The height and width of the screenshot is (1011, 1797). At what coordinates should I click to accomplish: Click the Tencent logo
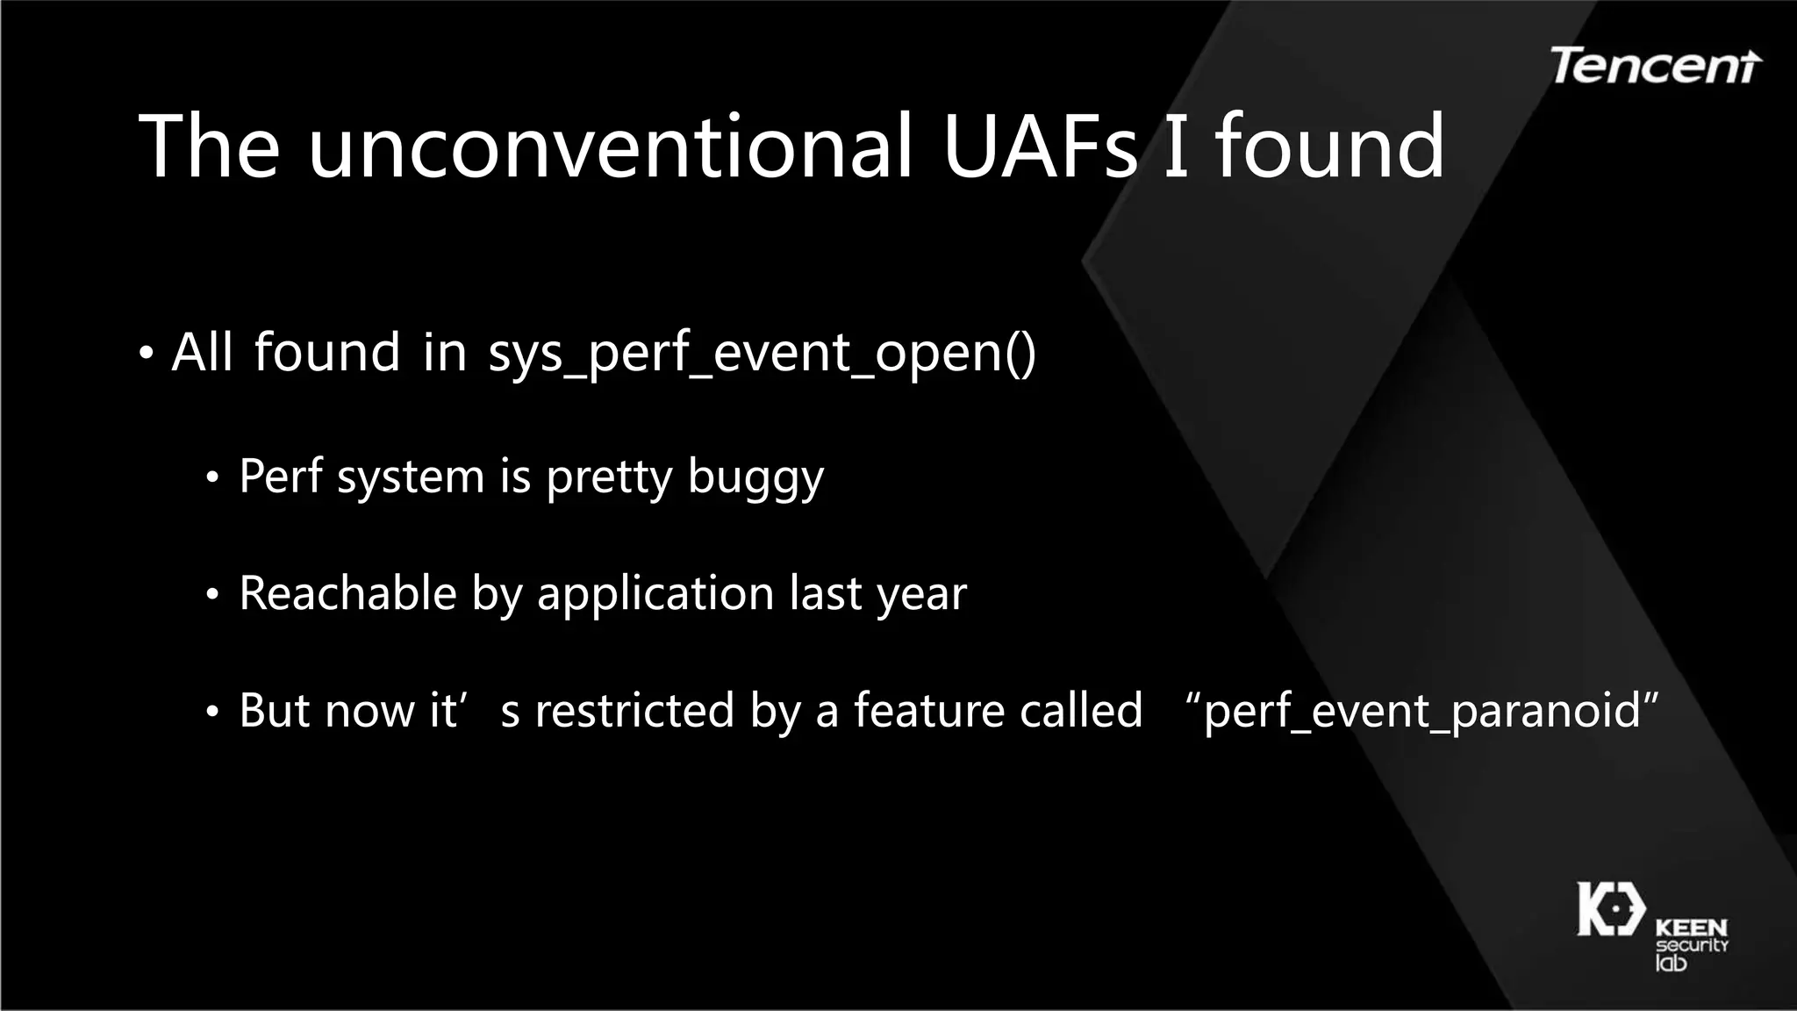(1655, 66)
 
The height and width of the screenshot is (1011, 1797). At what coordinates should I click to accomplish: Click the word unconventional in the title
(610, 147)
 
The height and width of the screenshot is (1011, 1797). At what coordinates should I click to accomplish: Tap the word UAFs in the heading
(1040, 147)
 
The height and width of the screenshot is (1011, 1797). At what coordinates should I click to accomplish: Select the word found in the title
(1329, 147)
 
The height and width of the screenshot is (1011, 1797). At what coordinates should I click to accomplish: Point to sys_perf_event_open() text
(762, 354)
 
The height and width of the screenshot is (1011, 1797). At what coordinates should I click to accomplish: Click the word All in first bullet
(202, 353)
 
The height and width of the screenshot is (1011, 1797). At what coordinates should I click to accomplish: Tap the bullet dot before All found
(147, 355)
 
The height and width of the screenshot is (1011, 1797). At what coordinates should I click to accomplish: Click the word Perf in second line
(281, 477)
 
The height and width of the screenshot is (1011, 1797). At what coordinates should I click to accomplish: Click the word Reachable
(347, 593)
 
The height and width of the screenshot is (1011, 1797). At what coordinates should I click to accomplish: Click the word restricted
(634, 710)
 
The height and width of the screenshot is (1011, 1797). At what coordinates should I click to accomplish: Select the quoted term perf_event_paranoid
(1421, 711)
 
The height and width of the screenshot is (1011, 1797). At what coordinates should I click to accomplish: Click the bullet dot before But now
(211, 713)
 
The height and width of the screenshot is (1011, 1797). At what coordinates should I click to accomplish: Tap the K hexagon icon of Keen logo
(1611, 909)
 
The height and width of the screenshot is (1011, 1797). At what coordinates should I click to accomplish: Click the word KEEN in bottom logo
(1691, 928)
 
